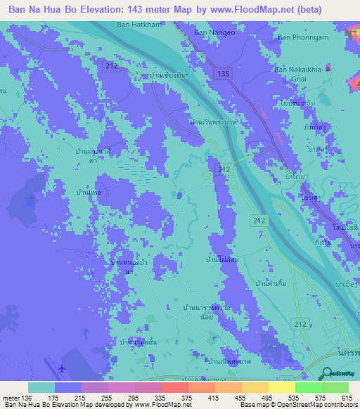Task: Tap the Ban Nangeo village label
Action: (211, 32)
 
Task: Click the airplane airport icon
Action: (63, 368)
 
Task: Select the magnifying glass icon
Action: (326, 375)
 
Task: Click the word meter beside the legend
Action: (10, 398)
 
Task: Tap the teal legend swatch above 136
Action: (41, 387)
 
